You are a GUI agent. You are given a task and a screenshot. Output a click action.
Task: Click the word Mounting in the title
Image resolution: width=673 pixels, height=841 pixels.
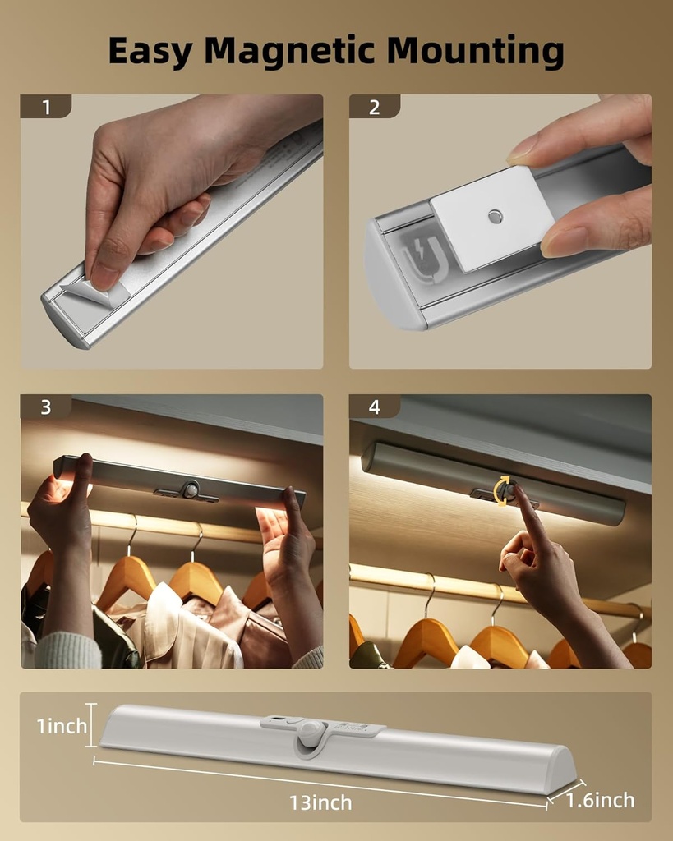click(x=476, y=51)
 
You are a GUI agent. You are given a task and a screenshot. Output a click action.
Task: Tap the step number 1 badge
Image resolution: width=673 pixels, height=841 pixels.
click(x=45, y=107)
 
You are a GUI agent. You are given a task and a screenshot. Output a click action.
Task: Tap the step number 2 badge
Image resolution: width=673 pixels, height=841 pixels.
click(x=375, y=107)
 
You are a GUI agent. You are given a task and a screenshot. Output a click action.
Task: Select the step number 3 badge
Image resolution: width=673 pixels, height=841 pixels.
click(x=45, y=407)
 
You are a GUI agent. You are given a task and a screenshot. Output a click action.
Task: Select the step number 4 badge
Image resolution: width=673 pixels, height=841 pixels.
click(x=375, y=407)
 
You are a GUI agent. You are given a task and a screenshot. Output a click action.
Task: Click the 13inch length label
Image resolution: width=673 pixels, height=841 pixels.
click(x=320, y=802)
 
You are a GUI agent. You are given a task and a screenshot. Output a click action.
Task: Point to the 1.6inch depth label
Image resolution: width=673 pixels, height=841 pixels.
click(x=601, y=800)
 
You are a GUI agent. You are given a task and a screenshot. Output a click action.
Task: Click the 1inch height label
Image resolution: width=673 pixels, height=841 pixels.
click(x=62, y=726)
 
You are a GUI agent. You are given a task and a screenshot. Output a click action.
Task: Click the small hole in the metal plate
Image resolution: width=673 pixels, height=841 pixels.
click(x=494, y=216)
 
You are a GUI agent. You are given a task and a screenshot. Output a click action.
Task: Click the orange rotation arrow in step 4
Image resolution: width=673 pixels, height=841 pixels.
click(x=501, y=490)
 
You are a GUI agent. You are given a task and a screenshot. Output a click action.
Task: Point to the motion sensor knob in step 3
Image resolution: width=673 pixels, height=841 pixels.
click(x=191, y=489)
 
